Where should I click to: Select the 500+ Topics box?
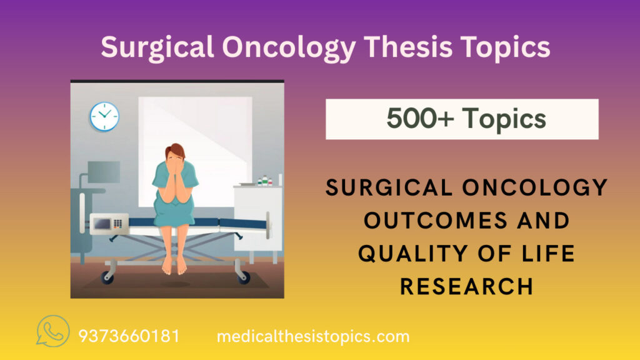point(462,119)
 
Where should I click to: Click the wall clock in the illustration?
point(104,116)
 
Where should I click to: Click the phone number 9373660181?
point(129,336)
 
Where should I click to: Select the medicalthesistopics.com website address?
point(313,336)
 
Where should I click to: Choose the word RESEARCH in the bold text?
point(467,286)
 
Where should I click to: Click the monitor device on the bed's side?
point(109,223)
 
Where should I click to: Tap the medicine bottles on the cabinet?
point(266,181)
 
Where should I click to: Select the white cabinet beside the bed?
point(257,216)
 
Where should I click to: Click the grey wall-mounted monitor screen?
point(103,171)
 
